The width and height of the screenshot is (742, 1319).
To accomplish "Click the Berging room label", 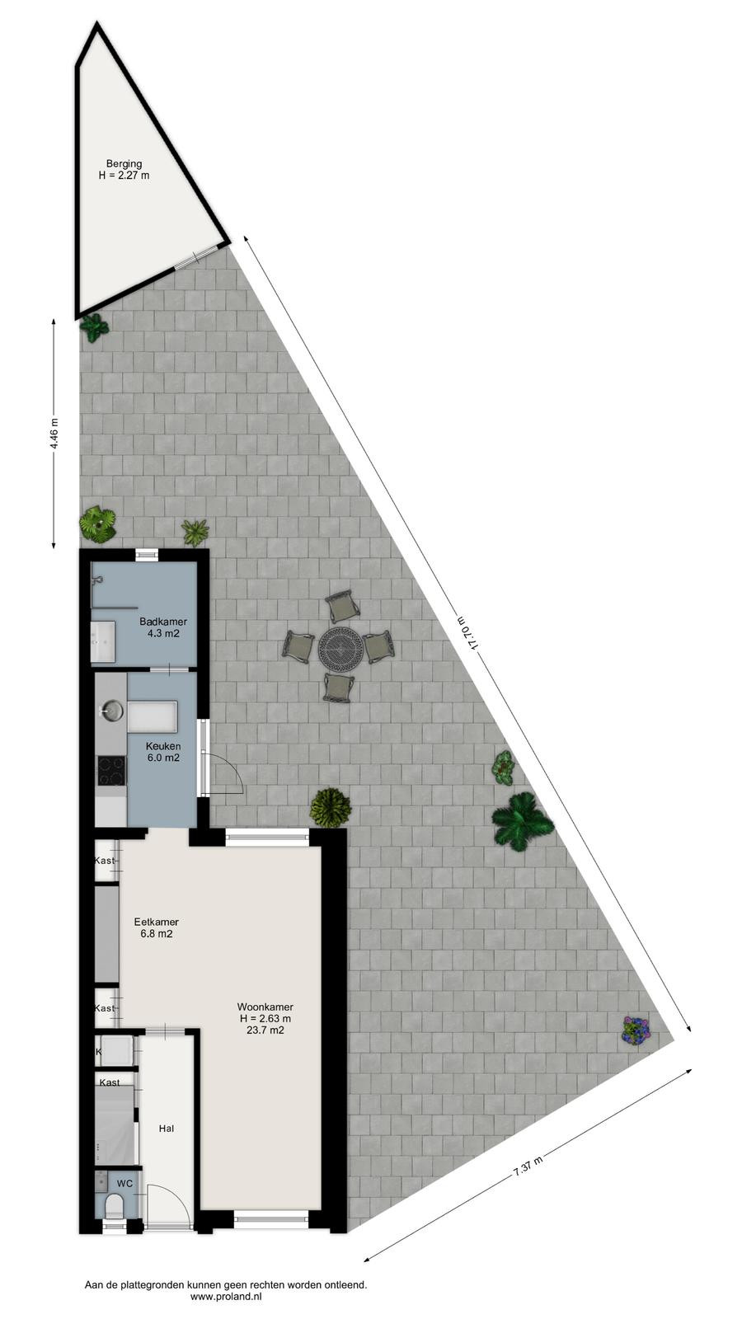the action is pos(124,164).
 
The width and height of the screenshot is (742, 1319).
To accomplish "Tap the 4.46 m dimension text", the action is pos(54,434).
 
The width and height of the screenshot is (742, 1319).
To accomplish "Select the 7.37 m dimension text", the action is pos(527,1166).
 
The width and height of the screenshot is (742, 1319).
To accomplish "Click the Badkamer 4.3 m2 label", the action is pos(163,627).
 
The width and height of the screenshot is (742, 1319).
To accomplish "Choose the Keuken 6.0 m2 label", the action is pos(163,752).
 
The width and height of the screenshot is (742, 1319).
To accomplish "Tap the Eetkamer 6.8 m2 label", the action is pos(156,927).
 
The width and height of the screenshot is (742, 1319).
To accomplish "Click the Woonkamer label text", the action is pos(265,1007).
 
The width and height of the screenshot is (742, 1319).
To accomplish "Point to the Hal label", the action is pos(166,1129).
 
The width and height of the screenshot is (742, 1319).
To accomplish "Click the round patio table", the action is pos(340,648).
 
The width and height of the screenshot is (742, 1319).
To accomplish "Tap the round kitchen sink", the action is pos(112,711).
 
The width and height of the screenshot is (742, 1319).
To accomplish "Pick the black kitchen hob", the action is pos(112,771).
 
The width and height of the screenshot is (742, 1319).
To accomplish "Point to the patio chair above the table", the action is pos(340,606).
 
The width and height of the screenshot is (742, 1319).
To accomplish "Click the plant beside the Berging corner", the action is pos(94,327).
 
